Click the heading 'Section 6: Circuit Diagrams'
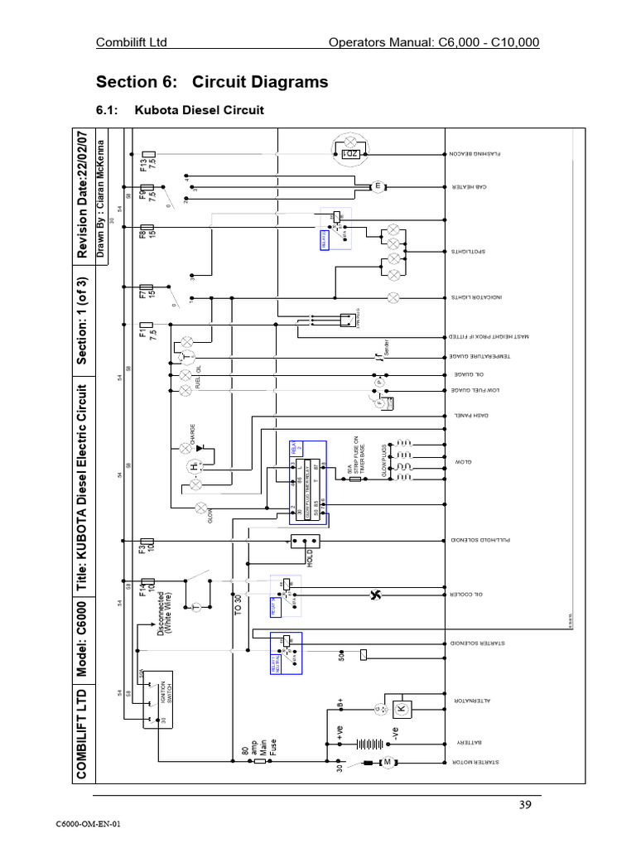point(212,82)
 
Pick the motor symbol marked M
point(385,762)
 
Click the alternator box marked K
point(401,710)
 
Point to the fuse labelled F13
point(147,157)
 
